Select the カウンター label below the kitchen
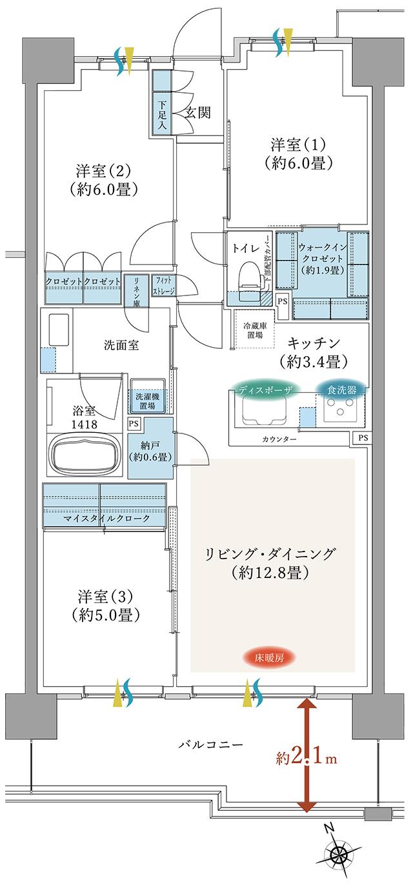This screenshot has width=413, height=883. tap(279, 439)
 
